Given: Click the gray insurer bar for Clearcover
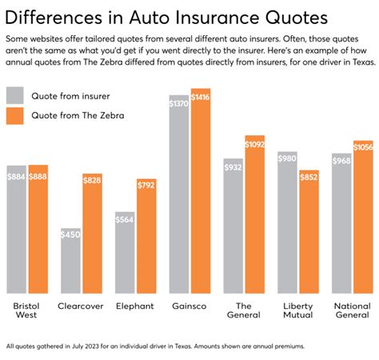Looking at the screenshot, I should click(x=71, y=262).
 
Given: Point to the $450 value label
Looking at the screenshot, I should click(x=71, y=234).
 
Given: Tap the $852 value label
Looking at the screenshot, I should click(x=309, y=177).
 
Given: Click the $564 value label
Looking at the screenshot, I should click(x=125, y=218).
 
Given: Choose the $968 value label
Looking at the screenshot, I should click(x=341, y=160).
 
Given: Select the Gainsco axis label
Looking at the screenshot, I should click(x=188, y=306).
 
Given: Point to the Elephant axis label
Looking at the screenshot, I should click(x=135, y=306).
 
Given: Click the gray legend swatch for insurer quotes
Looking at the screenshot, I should click(x=14, y=96).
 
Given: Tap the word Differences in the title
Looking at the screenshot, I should click(x=55, y=17).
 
